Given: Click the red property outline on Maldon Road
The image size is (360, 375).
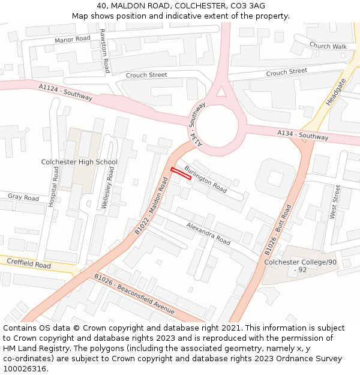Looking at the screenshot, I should pos(181,173).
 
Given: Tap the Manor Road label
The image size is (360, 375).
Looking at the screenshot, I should pos(72,39).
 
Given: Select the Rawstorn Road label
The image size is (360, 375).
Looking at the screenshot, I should pos(104,50).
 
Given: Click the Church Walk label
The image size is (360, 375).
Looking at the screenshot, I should pos(328,46).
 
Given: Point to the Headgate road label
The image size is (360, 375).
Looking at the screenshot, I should pos(335,92).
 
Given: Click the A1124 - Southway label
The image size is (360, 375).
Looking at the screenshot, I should pos(65,92).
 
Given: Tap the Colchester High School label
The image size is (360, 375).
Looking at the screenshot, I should pos(79,162).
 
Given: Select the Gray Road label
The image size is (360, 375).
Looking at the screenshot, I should pos(23,197).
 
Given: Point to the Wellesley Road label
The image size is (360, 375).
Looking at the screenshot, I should pos(109,187).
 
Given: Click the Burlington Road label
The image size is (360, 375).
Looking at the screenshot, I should pos(206,179).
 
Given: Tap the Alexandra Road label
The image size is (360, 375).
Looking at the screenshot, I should pos(208,234).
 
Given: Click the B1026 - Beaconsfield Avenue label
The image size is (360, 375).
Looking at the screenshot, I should pos(134,294).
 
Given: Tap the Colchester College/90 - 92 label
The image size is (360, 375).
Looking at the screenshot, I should pos(301,266).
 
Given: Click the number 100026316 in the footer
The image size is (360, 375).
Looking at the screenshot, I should pos(25,368).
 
